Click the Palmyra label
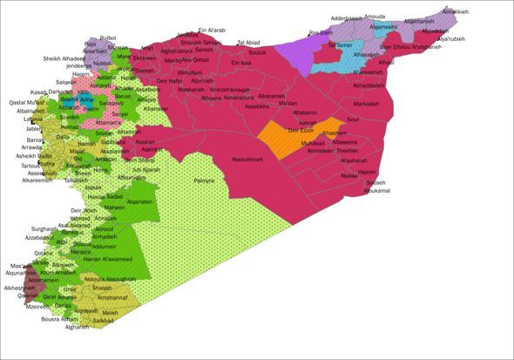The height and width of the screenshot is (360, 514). point(204,180)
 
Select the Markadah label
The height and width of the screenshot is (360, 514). point(366,104)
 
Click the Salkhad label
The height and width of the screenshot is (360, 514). point(103,321)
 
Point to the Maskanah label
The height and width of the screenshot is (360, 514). point(191,90)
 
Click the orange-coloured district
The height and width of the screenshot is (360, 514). point(283,136)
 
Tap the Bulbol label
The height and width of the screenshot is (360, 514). point(107,38)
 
